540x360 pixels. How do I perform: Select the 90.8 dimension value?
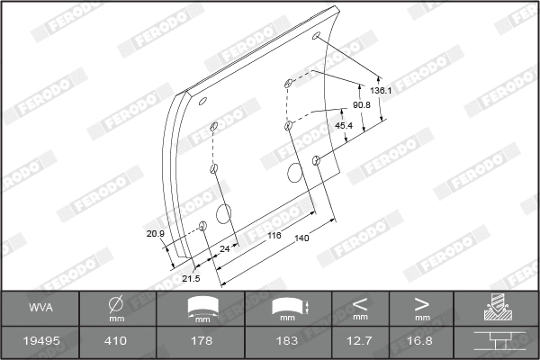click(363, 105)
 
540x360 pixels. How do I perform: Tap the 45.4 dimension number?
click(343, 125)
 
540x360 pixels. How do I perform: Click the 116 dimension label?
click(274, 234)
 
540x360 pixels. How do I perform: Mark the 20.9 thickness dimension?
click(156, 234)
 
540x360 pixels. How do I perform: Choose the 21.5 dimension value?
click(191, 279)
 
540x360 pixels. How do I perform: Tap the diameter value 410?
click(115, 342)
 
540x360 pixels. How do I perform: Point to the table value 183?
click(287, 342)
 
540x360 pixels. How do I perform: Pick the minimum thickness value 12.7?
click(360, 342)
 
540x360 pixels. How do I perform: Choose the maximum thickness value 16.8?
click(421, 342)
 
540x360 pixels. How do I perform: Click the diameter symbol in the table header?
click(115, 304)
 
